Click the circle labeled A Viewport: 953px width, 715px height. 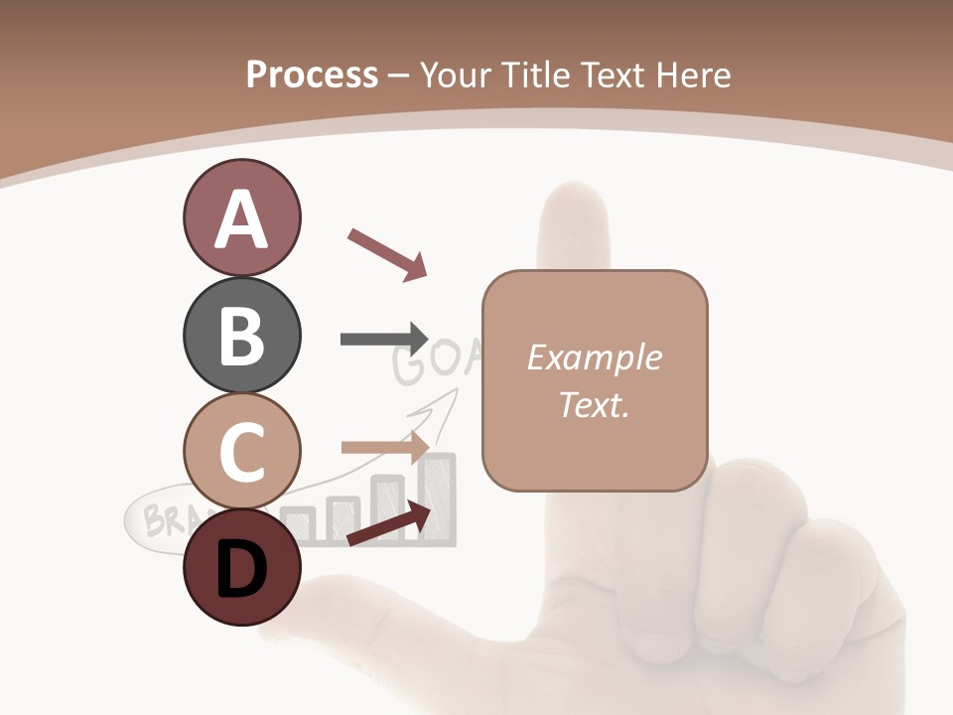pos(241,217)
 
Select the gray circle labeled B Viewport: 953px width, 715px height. pos(241,335)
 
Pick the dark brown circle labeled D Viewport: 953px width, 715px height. pos(241,568)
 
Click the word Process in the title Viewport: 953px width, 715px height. pos(312,75)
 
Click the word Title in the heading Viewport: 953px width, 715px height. pos(535,75)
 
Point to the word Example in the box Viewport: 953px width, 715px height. pos(594,357)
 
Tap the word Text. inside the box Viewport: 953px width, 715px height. pos(594,404)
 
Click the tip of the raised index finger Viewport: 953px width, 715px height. pos(574,199)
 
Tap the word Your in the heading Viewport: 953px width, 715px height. pos(455,75)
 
